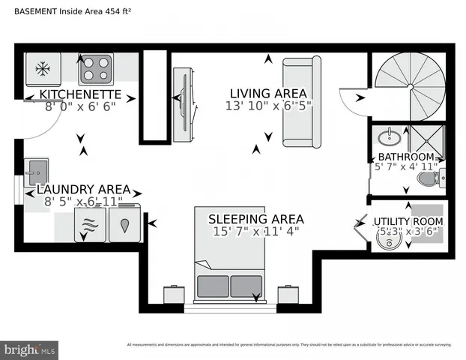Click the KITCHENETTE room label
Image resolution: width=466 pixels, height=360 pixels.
coord(81,94)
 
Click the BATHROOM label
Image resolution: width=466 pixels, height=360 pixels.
coord(405,157)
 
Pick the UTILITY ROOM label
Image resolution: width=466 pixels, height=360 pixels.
coord(408,221)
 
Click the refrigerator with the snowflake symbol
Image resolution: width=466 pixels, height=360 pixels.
coord(43,70)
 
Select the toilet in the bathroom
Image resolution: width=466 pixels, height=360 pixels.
coord(430,178)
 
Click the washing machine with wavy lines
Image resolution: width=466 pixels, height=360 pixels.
coord(90,224)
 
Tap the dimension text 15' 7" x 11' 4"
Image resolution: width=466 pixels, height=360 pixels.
coord(255,231)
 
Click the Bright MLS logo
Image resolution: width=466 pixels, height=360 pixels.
coord(30,349)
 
